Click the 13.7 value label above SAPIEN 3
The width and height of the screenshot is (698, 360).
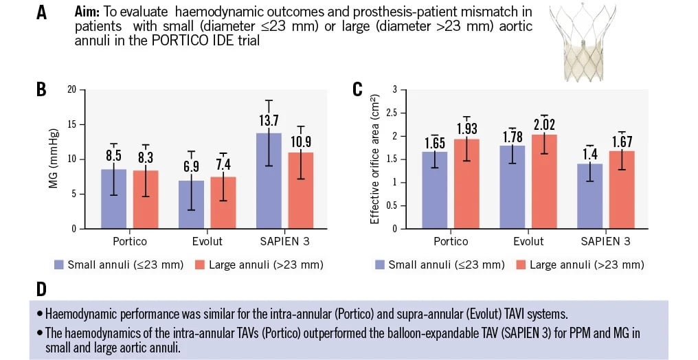[269, 121]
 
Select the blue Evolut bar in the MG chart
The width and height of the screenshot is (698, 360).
[192, 205]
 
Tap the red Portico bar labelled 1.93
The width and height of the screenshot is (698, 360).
[466, 184]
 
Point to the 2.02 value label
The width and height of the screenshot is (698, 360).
[544, 124]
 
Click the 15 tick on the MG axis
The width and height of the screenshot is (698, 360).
[71, 124]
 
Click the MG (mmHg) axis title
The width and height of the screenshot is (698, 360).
[54, 159]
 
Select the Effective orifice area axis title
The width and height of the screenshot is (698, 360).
[374, 159]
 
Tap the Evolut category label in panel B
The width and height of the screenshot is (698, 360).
[207, 241]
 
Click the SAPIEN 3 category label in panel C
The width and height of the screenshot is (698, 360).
[605, 241]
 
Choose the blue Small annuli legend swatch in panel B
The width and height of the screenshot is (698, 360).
[59, 265]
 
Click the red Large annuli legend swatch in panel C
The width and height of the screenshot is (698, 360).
[521, 265]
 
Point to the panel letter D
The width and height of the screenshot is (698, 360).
[41, 289]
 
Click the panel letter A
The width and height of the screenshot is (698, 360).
[41, 12]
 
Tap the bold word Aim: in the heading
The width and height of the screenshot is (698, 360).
[87, 12]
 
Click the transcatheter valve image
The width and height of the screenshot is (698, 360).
[582, 43]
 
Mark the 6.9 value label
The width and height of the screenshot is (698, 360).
[192, 166]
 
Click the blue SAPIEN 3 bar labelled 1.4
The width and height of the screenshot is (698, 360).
[590, 196]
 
